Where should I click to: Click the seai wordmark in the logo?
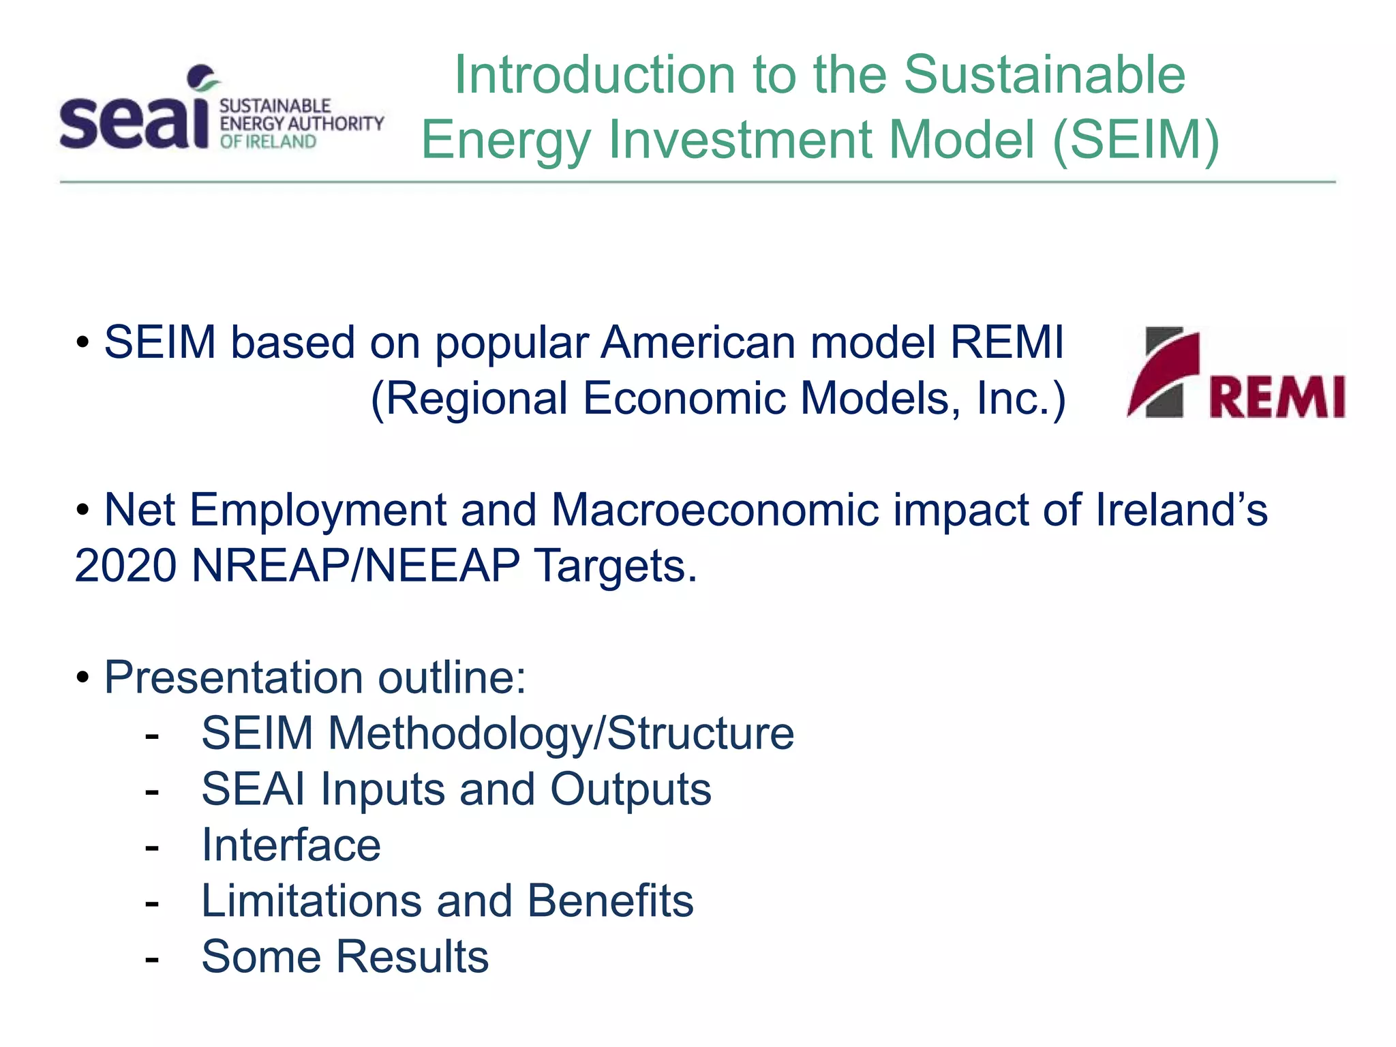pyautogui.click(x=134, y=121)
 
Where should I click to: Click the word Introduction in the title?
pyautogui.click(x=594, y=74)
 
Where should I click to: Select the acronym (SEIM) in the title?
pyautogui.click(x=1136, y=139)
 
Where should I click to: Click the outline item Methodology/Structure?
pyautogui.click(x=560, y=734)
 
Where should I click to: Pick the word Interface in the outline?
pyautogui.click(x=291, y=845)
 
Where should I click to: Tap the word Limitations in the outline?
pyautogui.click(x=312, y=901)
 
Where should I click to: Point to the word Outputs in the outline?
pyautogui.click(x=631, y=789)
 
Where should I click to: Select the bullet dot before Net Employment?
pyautogui.click(x=83, y=510)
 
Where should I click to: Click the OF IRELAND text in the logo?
pyautogui.click(x=268, y=142)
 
